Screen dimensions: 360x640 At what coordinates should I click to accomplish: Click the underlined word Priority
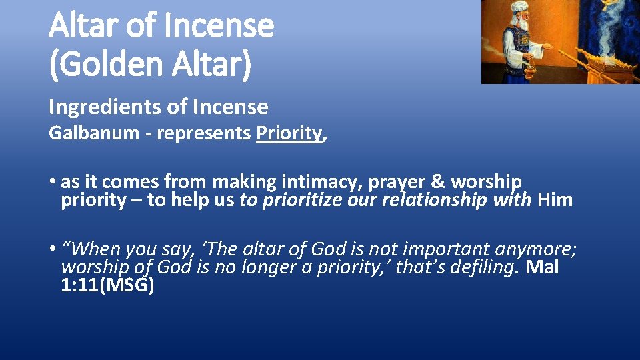tap(289, 133)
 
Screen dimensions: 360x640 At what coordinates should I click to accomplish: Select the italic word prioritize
tap(303, 200)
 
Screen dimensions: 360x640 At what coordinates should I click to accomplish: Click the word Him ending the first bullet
tap(555, 200)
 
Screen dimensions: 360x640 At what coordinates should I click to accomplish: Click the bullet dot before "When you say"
tap(52, 250)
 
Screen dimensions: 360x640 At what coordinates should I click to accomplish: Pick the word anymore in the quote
tap(535, 249)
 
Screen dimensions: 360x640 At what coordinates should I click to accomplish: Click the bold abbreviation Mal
tap(543, 267)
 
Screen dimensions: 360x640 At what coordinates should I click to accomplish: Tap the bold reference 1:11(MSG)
tap(107, 285)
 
